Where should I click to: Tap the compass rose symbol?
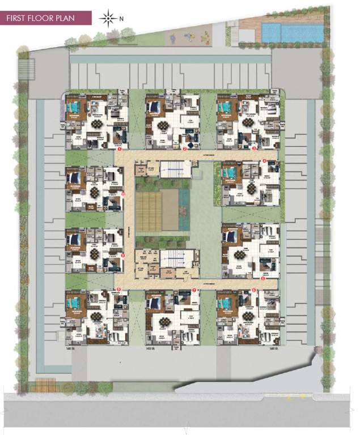tap(107, 18)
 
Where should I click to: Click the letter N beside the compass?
tap(121, 18)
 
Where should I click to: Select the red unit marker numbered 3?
tap(255, 149)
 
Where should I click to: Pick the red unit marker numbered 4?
tap(264, 161)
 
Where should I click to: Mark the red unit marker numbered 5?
tap(262, 278)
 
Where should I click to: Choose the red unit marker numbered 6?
tap(253, 290)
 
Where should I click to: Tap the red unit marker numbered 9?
tap(123, 255)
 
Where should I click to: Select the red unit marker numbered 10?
tap(123, 194)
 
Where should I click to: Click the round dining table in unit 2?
tap(164, 125)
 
